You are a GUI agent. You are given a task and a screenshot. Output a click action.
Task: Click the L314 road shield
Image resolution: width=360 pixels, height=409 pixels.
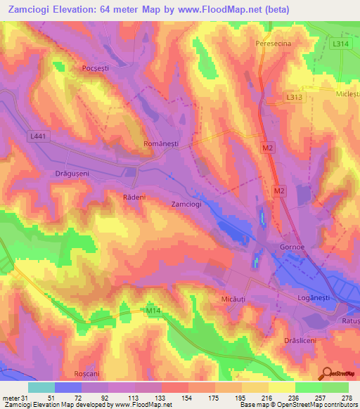click(340, 44)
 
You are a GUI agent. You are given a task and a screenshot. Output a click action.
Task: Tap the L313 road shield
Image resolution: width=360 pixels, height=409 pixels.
click(295, 96)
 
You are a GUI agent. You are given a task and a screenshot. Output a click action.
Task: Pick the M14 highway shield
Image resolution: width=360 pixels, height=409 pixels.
click(154, 310)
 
